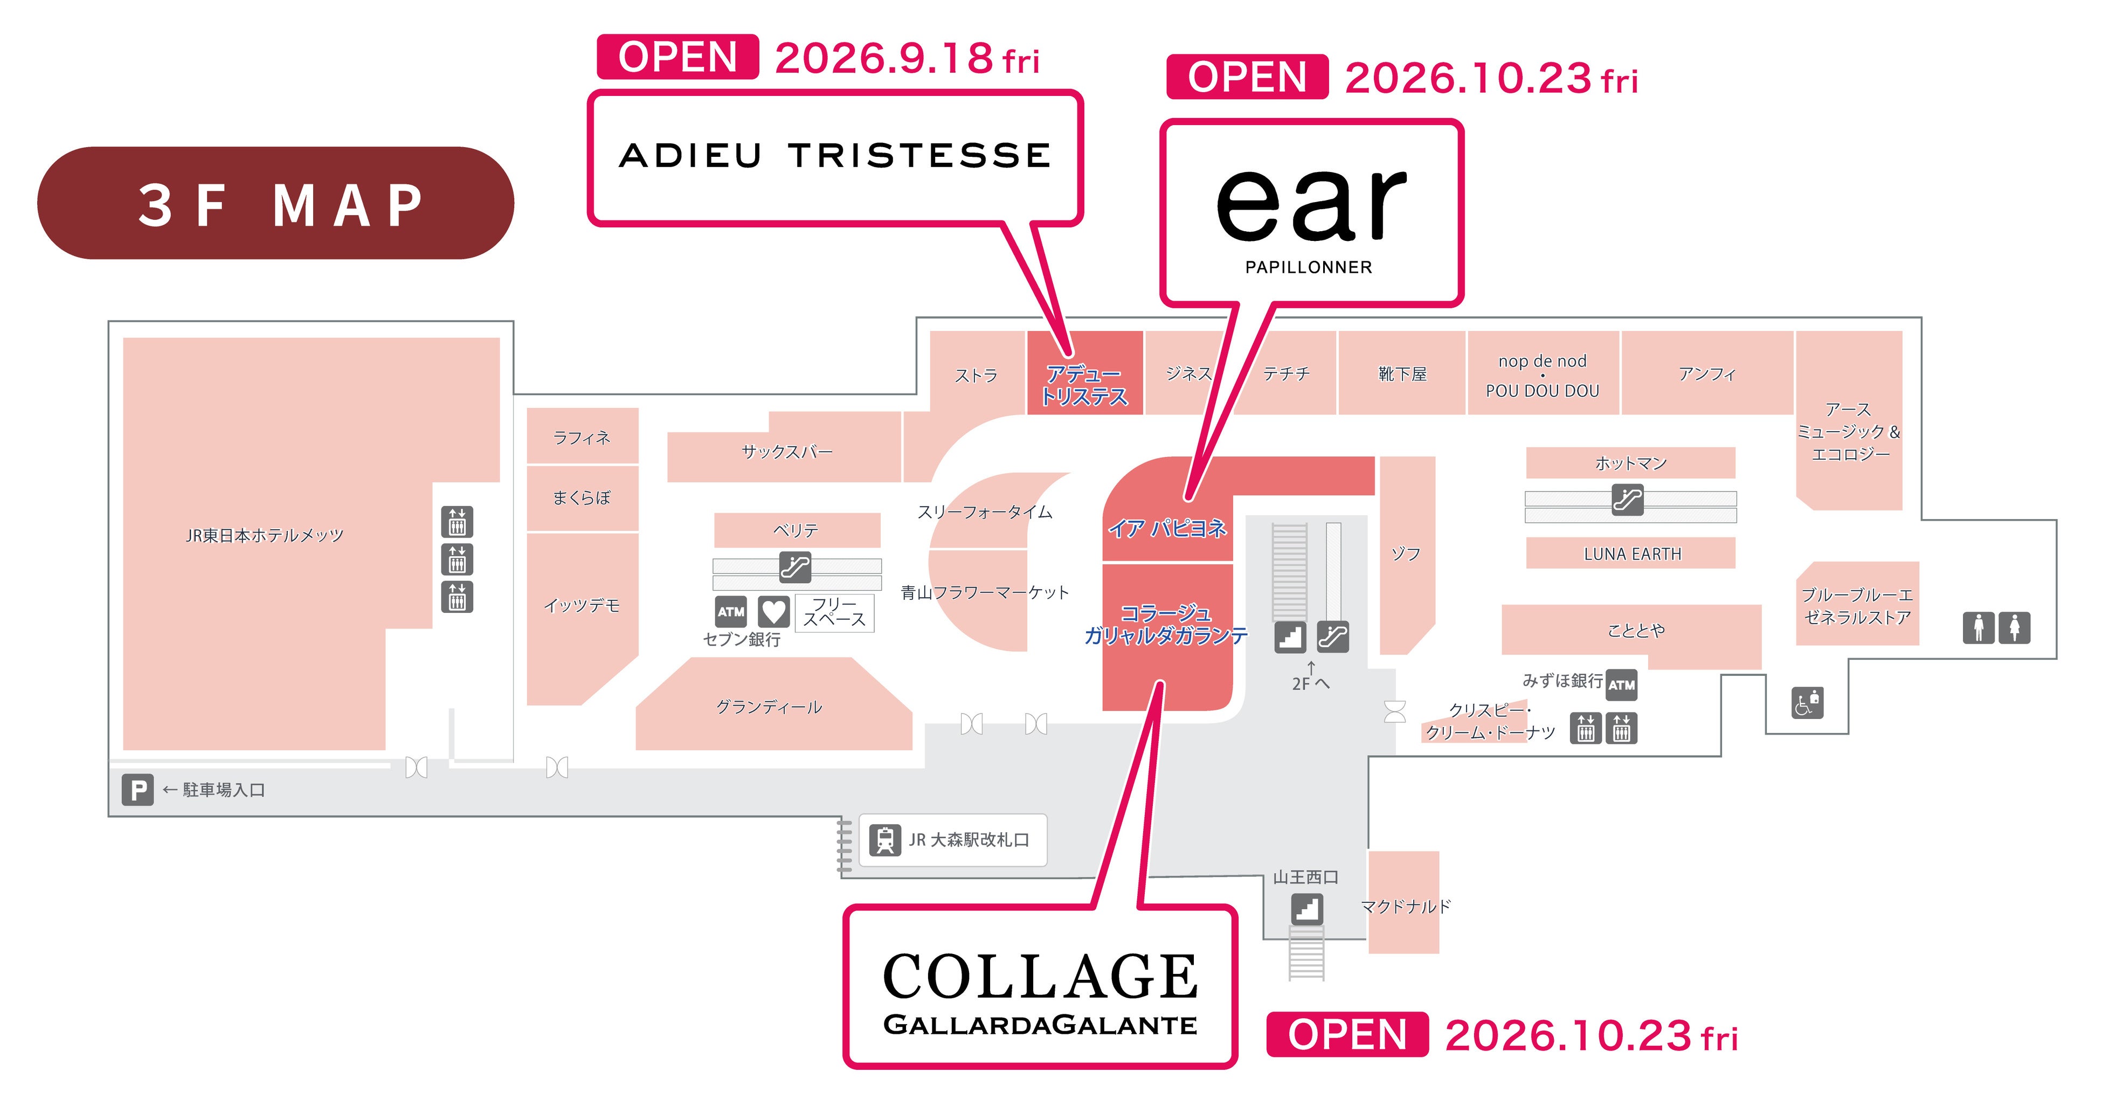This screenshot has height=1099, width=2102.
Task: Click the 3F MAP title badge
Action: [276, 203]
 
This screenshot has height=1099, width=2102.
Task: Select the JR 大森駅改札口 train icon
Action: [884, 840]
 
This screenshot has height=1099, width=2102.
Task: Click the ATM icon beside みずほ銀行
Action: [1621, 685]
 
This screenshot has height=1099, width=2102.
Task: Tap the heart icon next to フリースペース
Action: [773, 611]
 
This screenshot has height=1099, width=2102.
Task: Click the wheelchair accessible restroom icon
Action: [1807, 702]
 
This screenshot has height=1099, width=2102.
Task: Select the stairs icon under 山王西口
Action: [1307, 909]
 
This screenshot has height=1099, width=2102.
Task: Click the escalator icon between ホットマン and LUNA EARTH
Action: [1628, 499]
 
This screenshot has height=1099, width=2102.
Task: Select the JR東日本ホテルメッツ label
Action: [265, 535]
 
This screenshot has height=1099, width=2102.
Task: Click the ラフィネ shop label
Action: [582, 437]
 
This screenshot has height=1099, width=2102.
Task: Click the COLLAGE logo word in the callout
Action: [1040, 977]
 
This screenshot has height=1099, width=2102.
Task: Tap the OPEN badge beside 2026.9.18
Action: [678, 57]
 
